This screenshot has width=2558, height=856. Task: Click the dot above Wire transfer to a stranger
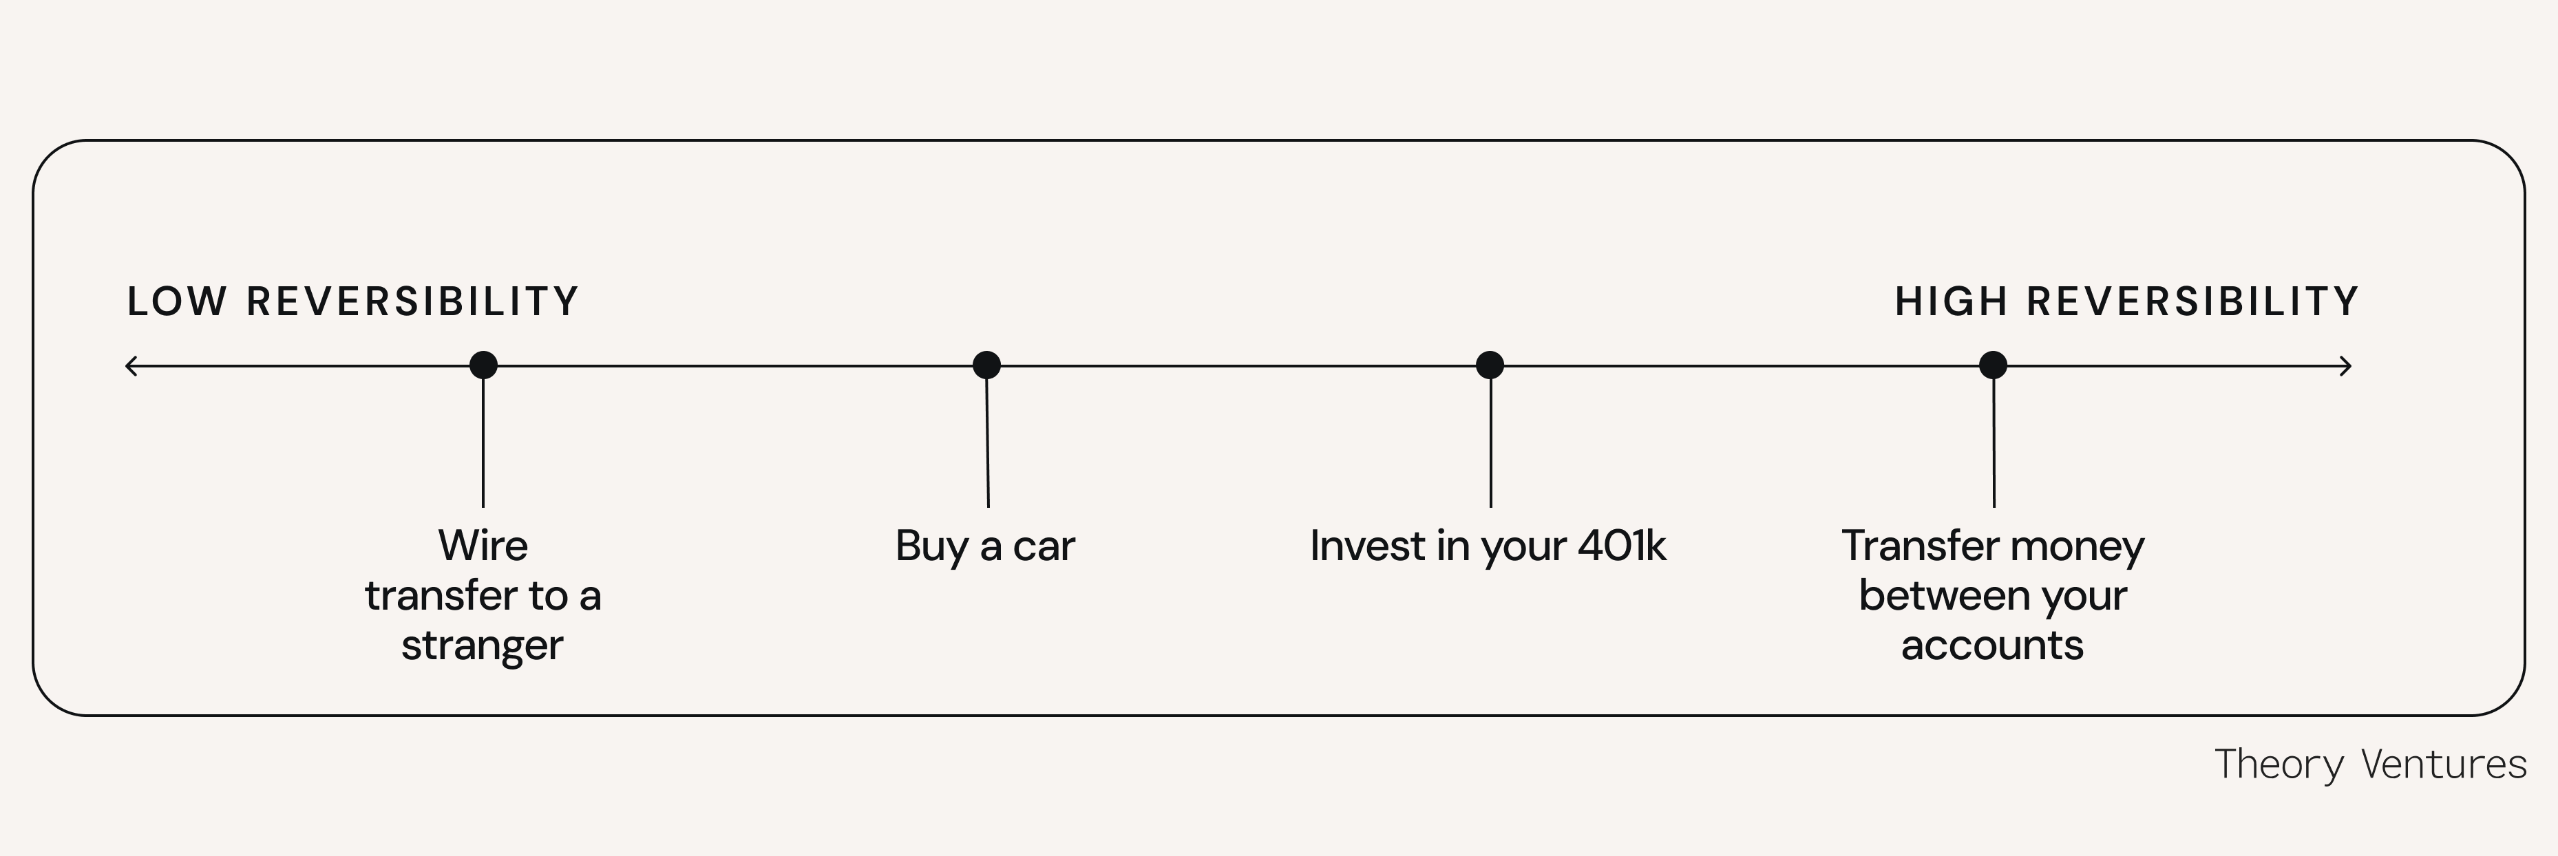483,365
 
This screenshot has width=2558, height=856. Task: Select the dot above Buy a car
986,365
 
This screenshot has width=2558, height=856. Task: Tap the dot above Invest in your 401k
1490,365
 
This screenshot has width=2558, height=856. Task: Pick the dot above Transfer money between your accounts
1992,365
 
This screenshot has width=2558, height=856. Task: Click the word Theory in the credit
2280,764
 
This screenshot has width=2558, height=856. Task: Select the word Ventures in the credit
2443,764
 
